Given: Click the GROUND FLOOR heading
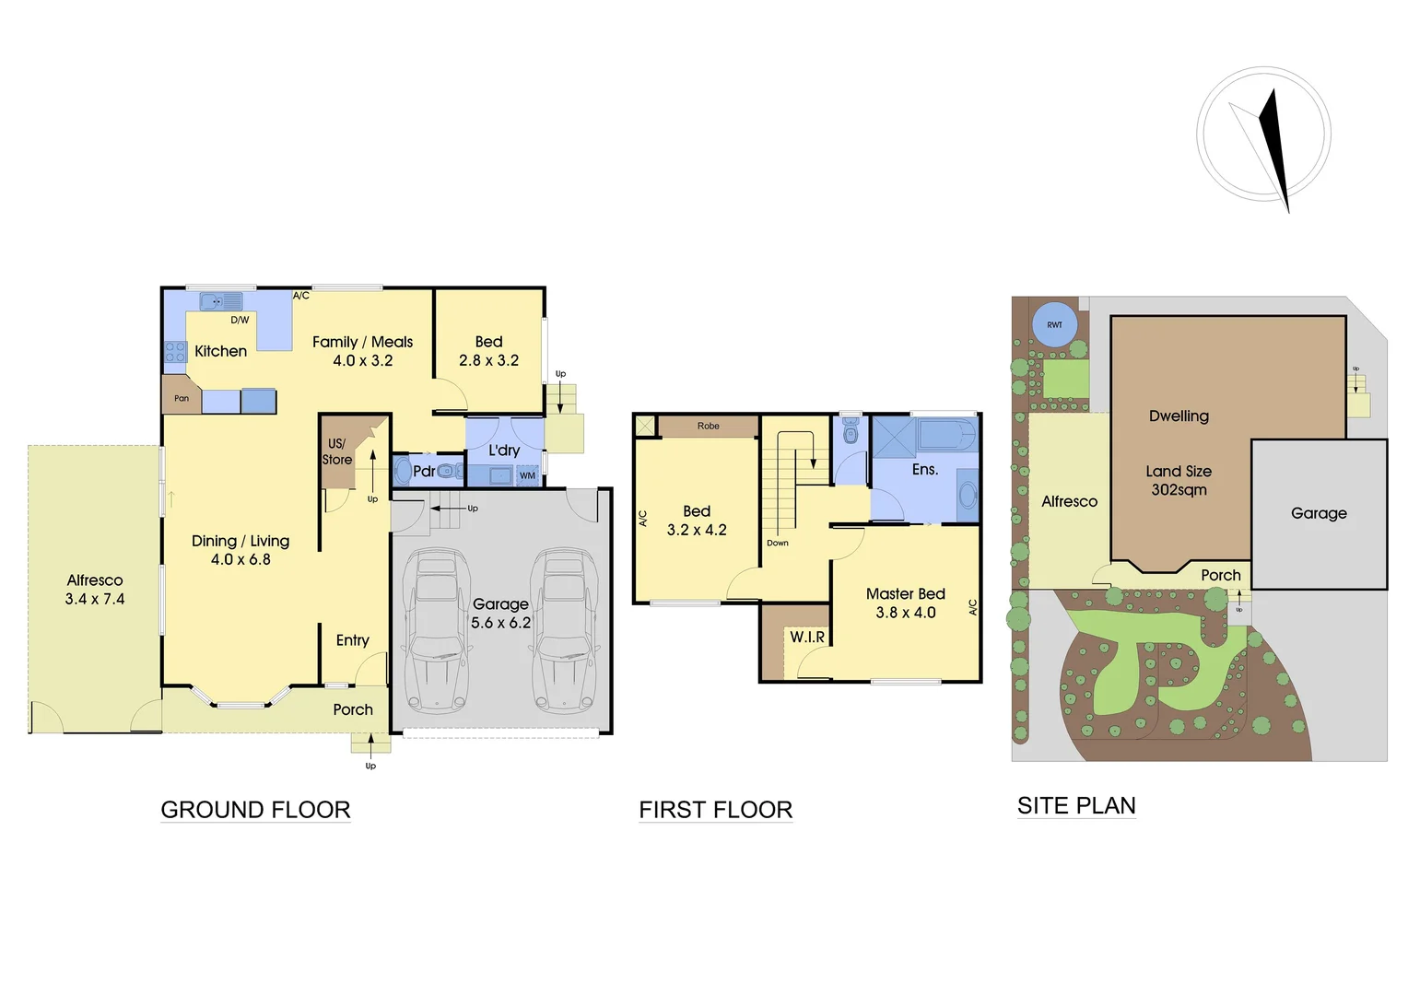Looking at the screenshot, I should pyautogui.click(x=255, y=810).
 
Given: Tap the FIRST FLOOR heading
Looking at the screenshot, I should pyautogui.click(x=715, y=810).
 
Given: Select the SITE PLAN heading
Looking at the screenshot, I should pyautogui.click(x=1075, y=806).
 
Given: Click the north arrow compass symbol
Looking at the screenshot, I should pyautogui.click(x=1264, y=138).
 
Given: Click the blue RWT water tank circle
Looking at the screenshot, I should pyautogui.click(x=1054, y=324).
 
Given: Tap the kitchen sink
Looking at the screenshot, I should pyautogui.click(x=221, y=301).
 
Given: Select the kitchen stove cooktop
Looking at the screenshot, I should pyautogui.click(x=175, y=351).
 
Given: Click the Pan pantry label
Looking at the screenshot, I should pyautogui.click(x=182, y=398).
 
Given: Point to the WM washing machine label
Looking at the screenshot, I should pyautogui.click(x=527, y=475).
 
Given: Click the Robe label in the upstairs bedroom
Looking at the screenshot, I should pyautogui.click(x=708, y=426).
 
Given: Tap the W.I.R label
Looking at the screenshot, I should pyautogui.click(x=807, y=637).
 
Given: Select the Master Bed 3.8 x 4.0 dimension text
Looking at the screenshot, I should pyautogui.click(x=905, y=613).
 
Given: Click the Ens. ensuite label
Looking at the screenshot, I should pyautogui.click(x=924, y=470).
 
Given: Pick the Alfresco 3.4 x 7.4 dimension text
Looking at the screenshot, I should pyautogui.click(x=95, y=599).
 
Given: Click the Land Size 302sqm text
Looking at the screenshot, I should pyautogui.click(x=1179, y=480).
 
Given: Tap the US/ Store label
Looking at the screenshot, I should pyautogui.click(x=336, y=451).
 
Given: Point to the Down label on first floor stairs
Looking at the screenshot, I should pyautogui.click(x=777, y=543).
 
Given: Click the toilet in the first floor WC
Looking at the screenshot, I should pyautogui.click(x=851, y=433).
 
